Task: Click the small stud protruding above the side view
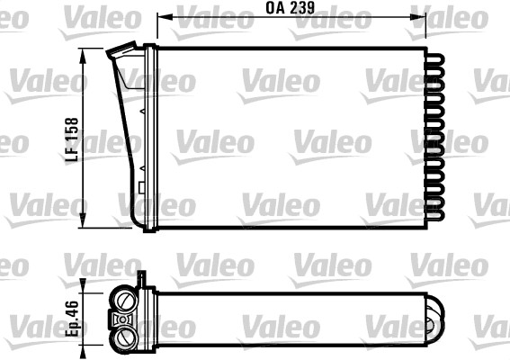(x=141, y=279)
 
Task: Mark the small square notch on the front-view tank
(x=142, y=187)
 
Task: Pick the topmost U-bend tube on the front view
(x=435, y=56)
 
